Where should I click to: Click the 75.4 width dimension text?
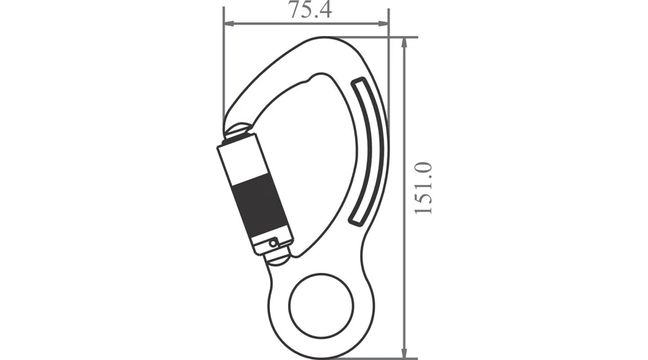tap(310, 10)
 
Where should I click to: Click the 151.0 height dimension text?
tap(423, 188)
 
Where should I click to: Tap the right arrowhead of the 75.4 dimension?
tap(383, 24)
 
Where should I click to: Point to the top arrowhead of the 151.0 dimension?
tap(405, 43)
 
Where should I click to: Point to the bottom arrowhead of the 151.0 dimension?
tap(405, 353)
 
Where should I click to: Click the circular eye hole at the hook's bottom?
tap(321, 305)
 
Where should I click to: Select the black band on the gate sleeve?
tap(263, 208)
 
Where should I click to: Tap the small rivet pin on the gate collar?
tap(273, 243)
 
